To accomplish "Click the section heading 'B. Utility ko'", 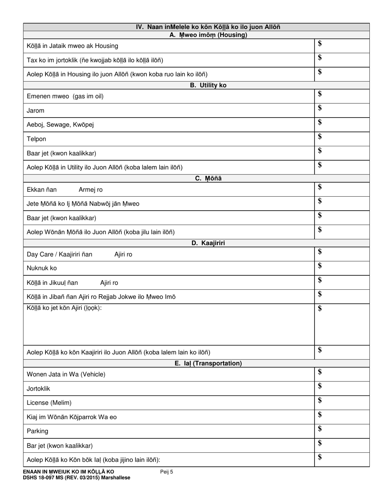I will (208, 85).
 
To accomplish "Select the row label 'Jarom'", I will (36, 111).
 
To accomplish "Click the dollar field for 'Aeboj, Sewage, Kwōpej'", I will (342, 125).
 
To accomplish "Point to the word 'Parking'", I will (37, 431).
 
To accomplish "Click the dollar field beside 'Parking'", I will (342, 431).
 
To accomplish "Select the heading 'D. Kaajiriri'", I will (208, 243).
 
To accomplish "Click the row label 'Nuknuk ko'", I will (42, 268).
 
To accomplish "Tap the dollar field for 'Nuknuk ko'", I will (342, 268).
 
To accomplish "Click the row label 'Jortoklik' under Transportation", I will (38, 388).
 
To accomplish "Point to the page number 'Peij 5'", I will (167, 472).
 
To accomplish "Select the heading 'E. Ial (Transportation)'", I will (208, 363).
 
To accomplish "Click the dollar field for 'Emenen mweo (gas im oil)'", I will (342, 96).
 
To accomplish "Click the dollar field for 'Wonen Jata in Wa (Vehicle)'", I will (342, 374).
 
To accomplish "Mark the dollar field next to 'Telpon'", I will (342, 139).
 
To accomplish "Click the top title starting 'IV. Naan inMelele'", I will (208, 27).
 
